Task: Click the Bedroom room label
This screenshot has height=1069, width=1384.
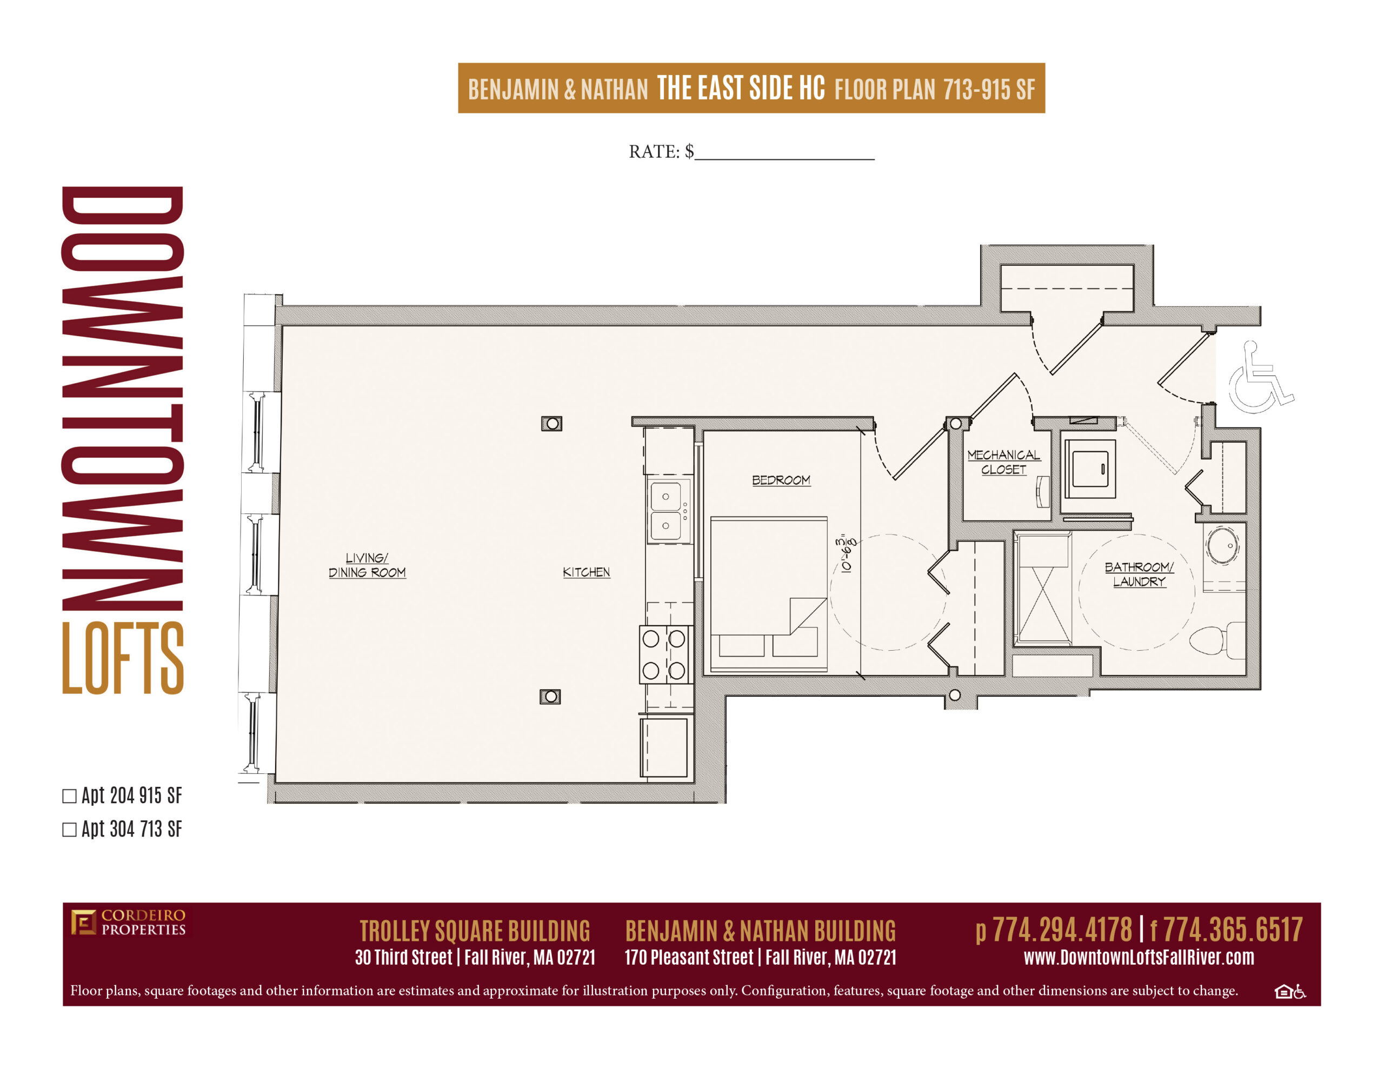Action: pyautogui.click(x=781, y=480)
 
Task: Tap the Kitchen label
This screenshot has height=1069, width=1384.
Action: pyautogui.click(x=586, y=572)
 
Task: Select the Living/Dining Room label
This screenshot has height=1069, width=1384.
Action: pyautogui.click(x=367, y=565)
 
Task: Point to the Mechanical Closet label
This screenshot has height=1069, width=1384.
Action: pyautogui.click(x=1003, y=462)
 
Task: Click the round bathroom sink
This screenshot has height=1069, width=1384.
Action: pyautogui.click(x=1222, y=545)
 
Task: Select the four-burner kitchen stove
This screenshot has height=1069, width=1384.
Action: pyautogui.click(x=664, y=654)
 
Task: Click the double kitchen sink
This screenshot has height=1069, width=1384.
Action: pyautogui.click(x=667, y=511)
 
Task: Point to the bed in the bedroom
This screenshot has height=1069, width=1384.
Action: pyautogui.click(x=769, y=594)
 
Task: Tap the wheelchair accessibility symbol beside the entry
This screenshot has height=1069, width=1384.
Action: pyautogui.click(x=1260, y=377)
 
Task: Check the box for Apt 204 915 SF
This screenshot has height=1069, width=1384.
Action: pyautogui.click(x=69, y=797)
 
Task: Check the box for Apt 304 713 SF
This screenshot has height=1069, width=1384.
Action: pyautogui.click(x=69, y=830)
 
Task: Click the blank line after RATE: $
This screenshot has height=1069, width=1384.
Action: pyautogui.click(x=784, y=158)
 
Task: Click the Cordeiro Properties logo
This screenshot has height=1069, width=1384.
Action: pyautogui.click(x=128, y=922)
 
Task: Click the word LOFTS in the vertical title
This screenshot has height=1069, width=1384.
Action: pyautogui.click(x=122, y=658)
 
